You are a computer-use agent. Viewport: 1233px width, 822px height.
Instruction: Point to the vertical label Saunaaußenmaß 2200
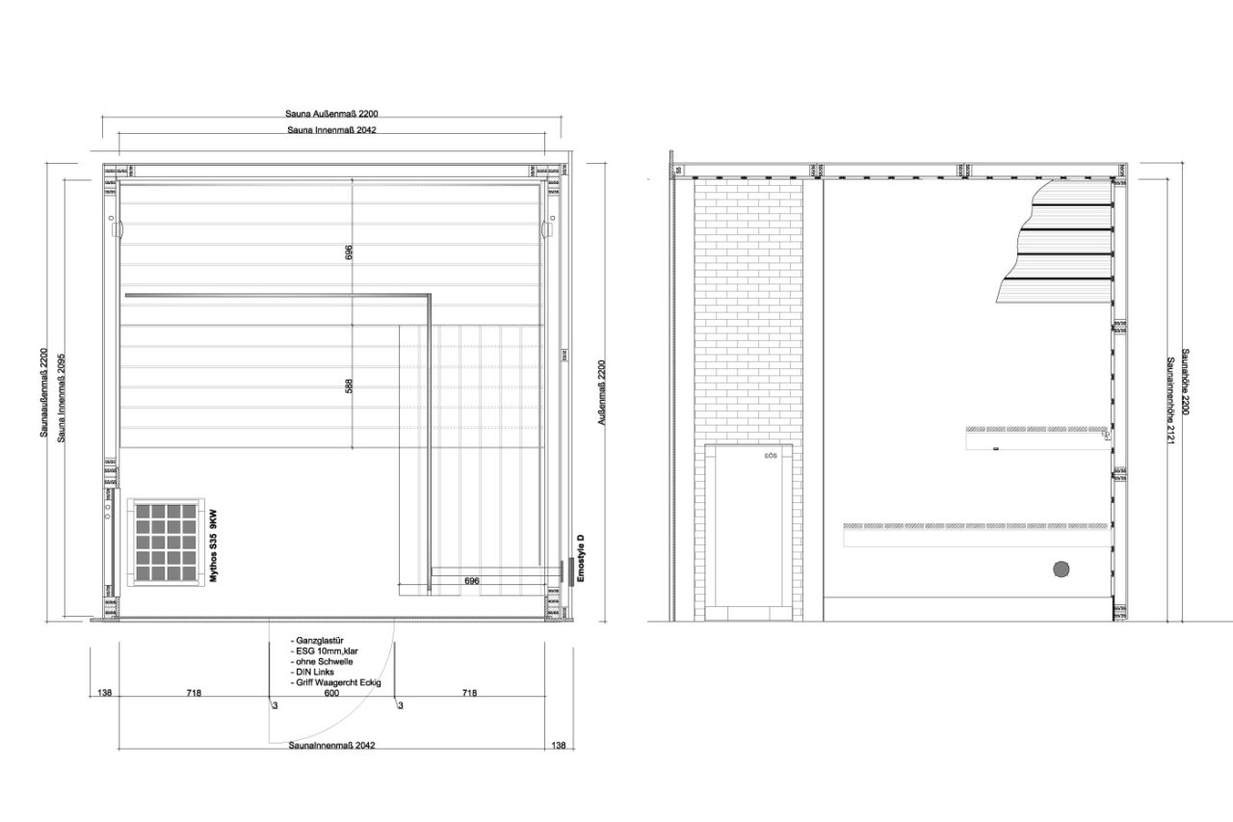43,393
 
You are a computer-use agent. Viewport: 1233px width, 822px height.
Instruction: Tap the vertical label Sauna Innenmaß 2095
61,393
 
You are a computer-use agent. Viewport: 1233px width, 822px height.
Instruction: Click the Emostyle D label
581,556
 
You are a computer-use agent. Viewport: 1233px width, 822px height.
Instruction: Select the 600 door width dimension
330,693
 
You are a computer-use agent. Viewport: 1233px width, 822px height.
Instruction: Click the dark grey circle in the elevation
1062,570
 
